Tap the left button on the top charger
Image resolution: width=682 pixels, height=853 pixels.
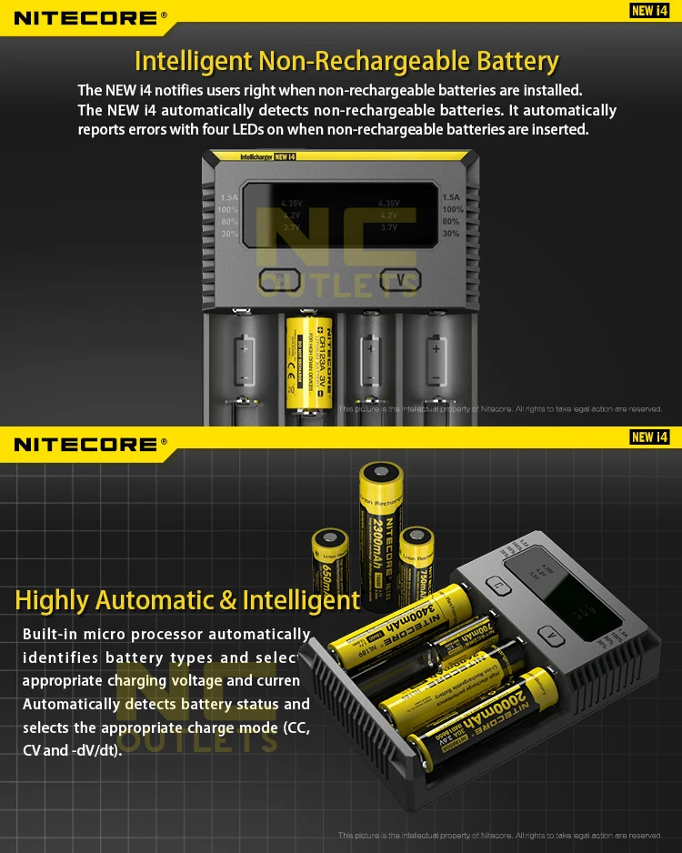click(x=281, y=280)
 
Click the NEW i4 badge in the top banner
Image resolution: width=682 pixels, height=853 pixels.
click(x=649, y=11)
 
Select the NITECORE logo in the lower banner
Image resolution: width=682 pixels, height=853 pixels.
click(x=85, y=444)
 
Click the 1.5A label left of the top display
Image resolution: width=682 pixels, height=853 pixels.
click(x=228, y=197)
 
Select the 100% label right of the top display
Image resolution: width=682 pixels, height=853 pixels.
click(x=452, y=209)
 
